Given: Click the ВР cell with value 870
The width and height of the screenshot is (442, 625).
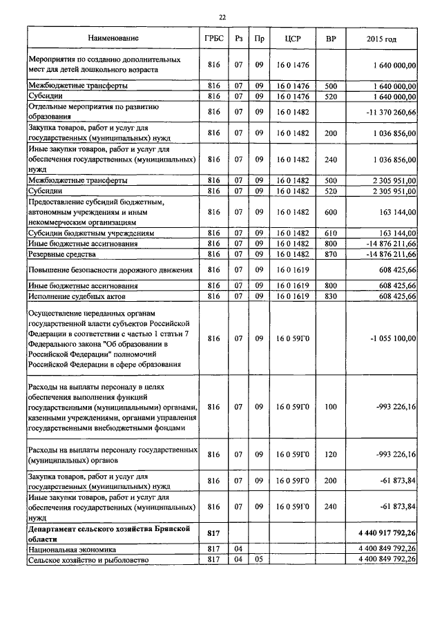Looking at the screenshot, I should tap(330, 255).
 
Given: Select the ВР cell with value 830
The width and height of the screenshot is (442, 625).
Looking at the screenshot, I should tap(330, 296).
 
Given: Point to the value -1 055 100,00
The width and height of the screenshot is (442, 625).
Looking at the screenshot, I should tap(393, 339).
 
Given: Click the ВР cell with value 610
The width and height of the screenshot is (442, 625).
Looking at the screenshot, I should tap(330, 234).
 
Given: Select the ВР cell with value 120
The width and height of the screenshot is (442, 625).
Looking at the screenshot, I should tap(330, 454).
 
